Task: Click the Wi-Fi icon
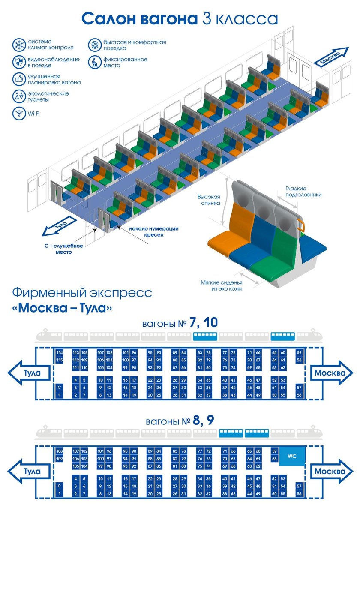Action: (19, 114)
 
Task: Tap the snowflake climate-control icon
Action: (19, 45)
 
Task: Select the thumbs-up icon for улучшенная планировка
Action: (19, 79)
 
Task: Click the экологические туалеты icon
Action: (19, 96)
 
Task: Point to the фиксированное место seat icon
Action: (94, 62)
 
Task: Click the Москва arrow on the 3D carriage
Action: (331, 57)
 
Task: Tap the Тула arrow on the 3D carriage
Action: (59, 226)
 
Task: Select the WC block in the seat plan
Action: (292, 456)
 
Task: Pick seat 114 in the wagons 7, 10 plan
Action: (60, 352)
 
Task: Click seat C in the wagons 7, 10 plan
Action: (60, 387)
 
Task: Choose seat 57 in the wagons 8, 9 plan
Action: (299, 486)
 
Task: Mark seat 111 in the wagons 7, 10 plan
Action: (76, 368)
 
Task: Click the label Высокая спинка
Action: (209, 200)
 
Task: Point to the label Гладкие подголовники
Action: (303, 192)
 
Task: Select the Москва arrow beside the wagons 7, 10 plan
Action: (331, 373)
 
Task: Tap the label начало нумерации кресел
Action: (154, 232)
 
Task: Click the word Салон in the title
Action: (109, 19)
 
